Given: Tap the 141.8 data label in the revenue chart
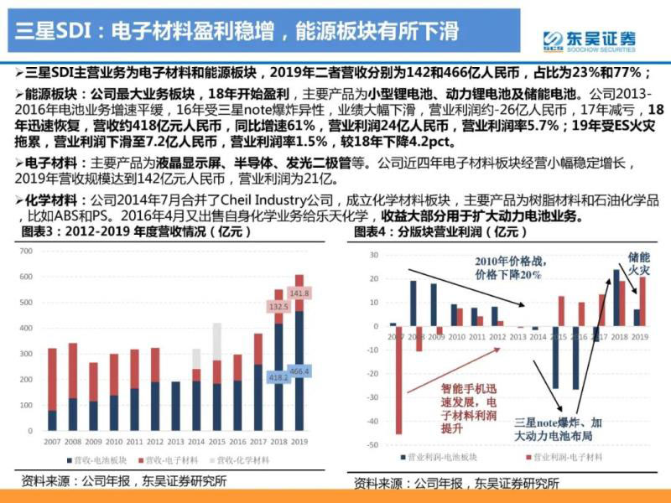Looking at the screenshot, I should click(x=299, y=293).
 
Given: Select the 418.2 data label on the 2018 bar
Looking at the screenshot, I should click(x=278, y=378).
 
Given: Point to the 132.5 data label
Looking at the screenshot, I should click(x=278, y=307).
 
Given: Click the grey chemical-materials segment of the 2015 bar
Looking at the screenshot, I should click(x=217, y=341).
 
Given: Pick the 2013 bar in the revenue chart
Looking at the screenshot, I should click(x=176, y=406).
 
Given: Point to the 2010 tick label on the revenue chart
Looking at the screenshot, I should click(x=114, y=441).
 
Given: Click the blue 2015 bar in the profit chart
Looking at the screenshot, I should click(x=554, y=357).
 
